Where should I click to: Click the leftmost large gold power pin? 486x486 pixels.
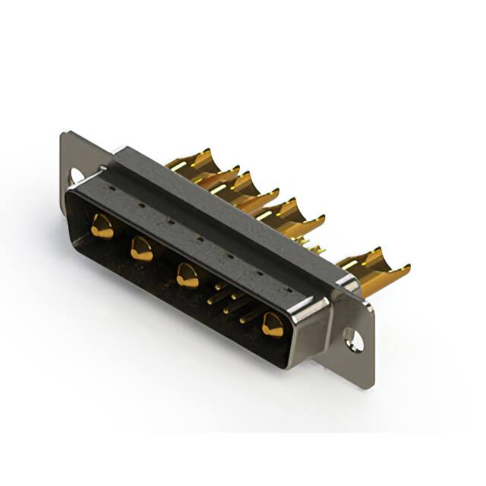click(101, 226)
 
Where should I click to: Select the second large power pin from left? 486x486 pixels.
click(141, 248)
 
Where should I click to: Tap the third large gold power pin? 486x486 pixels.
click(187, 275)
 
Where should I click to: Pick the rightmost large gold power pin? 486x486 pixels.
click(272, 325)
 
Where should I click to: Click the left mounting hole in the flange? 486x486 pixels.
click(76, 176)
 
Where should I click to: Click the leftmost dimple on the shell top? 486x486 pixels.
click(112, 189)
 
